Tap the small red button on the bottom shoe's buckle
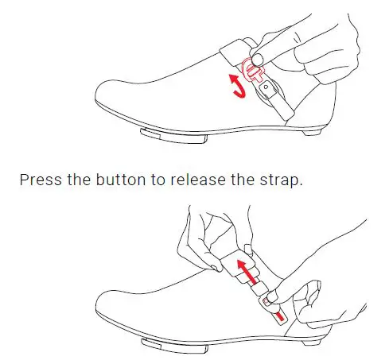point(279,315)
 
